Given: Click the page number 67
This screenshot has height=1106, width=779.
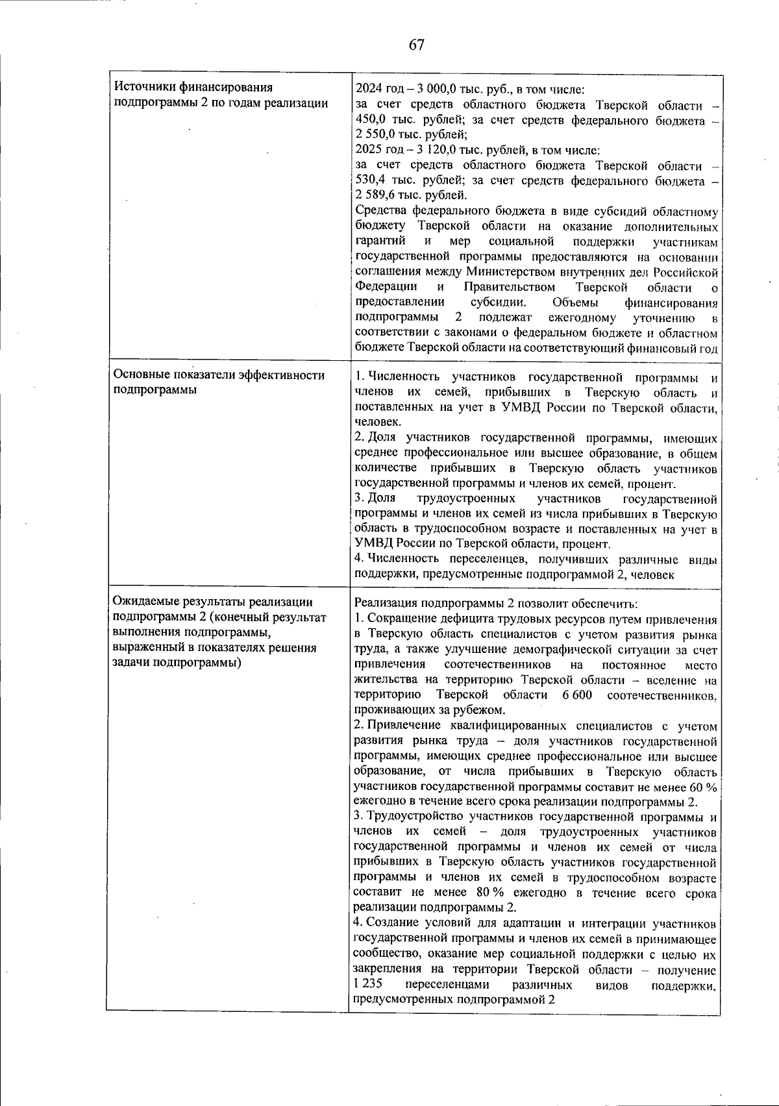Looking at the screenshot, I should point(416,44).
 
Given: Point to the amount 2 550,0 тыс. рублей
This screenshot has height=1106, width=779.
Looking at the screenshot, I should point(378,136).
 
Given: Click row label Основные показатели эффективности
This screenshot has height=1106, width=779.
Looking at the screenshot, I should point(218,375).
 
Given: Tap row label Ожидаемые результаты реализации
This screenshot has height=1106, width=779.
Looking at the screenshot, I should point(213,602).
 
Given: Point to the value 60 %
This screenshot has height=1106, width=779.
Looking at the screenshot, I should point(704,787).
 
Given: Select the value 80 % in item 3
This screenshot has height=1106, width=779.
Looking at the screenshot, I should point(492,893).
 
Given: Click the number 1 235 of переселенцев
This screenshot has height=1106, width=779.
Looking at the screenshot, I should point(367,985).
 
